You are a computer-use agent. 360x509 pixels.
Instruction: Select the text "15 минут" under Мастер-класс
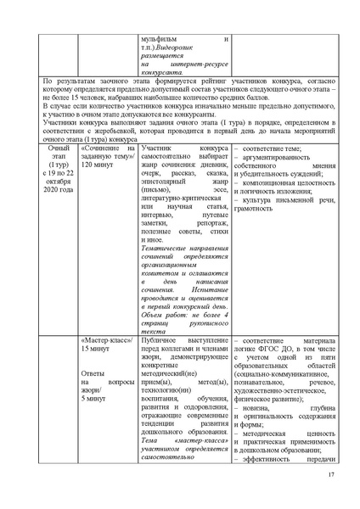pyautogui.click(x=94, y=347)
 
